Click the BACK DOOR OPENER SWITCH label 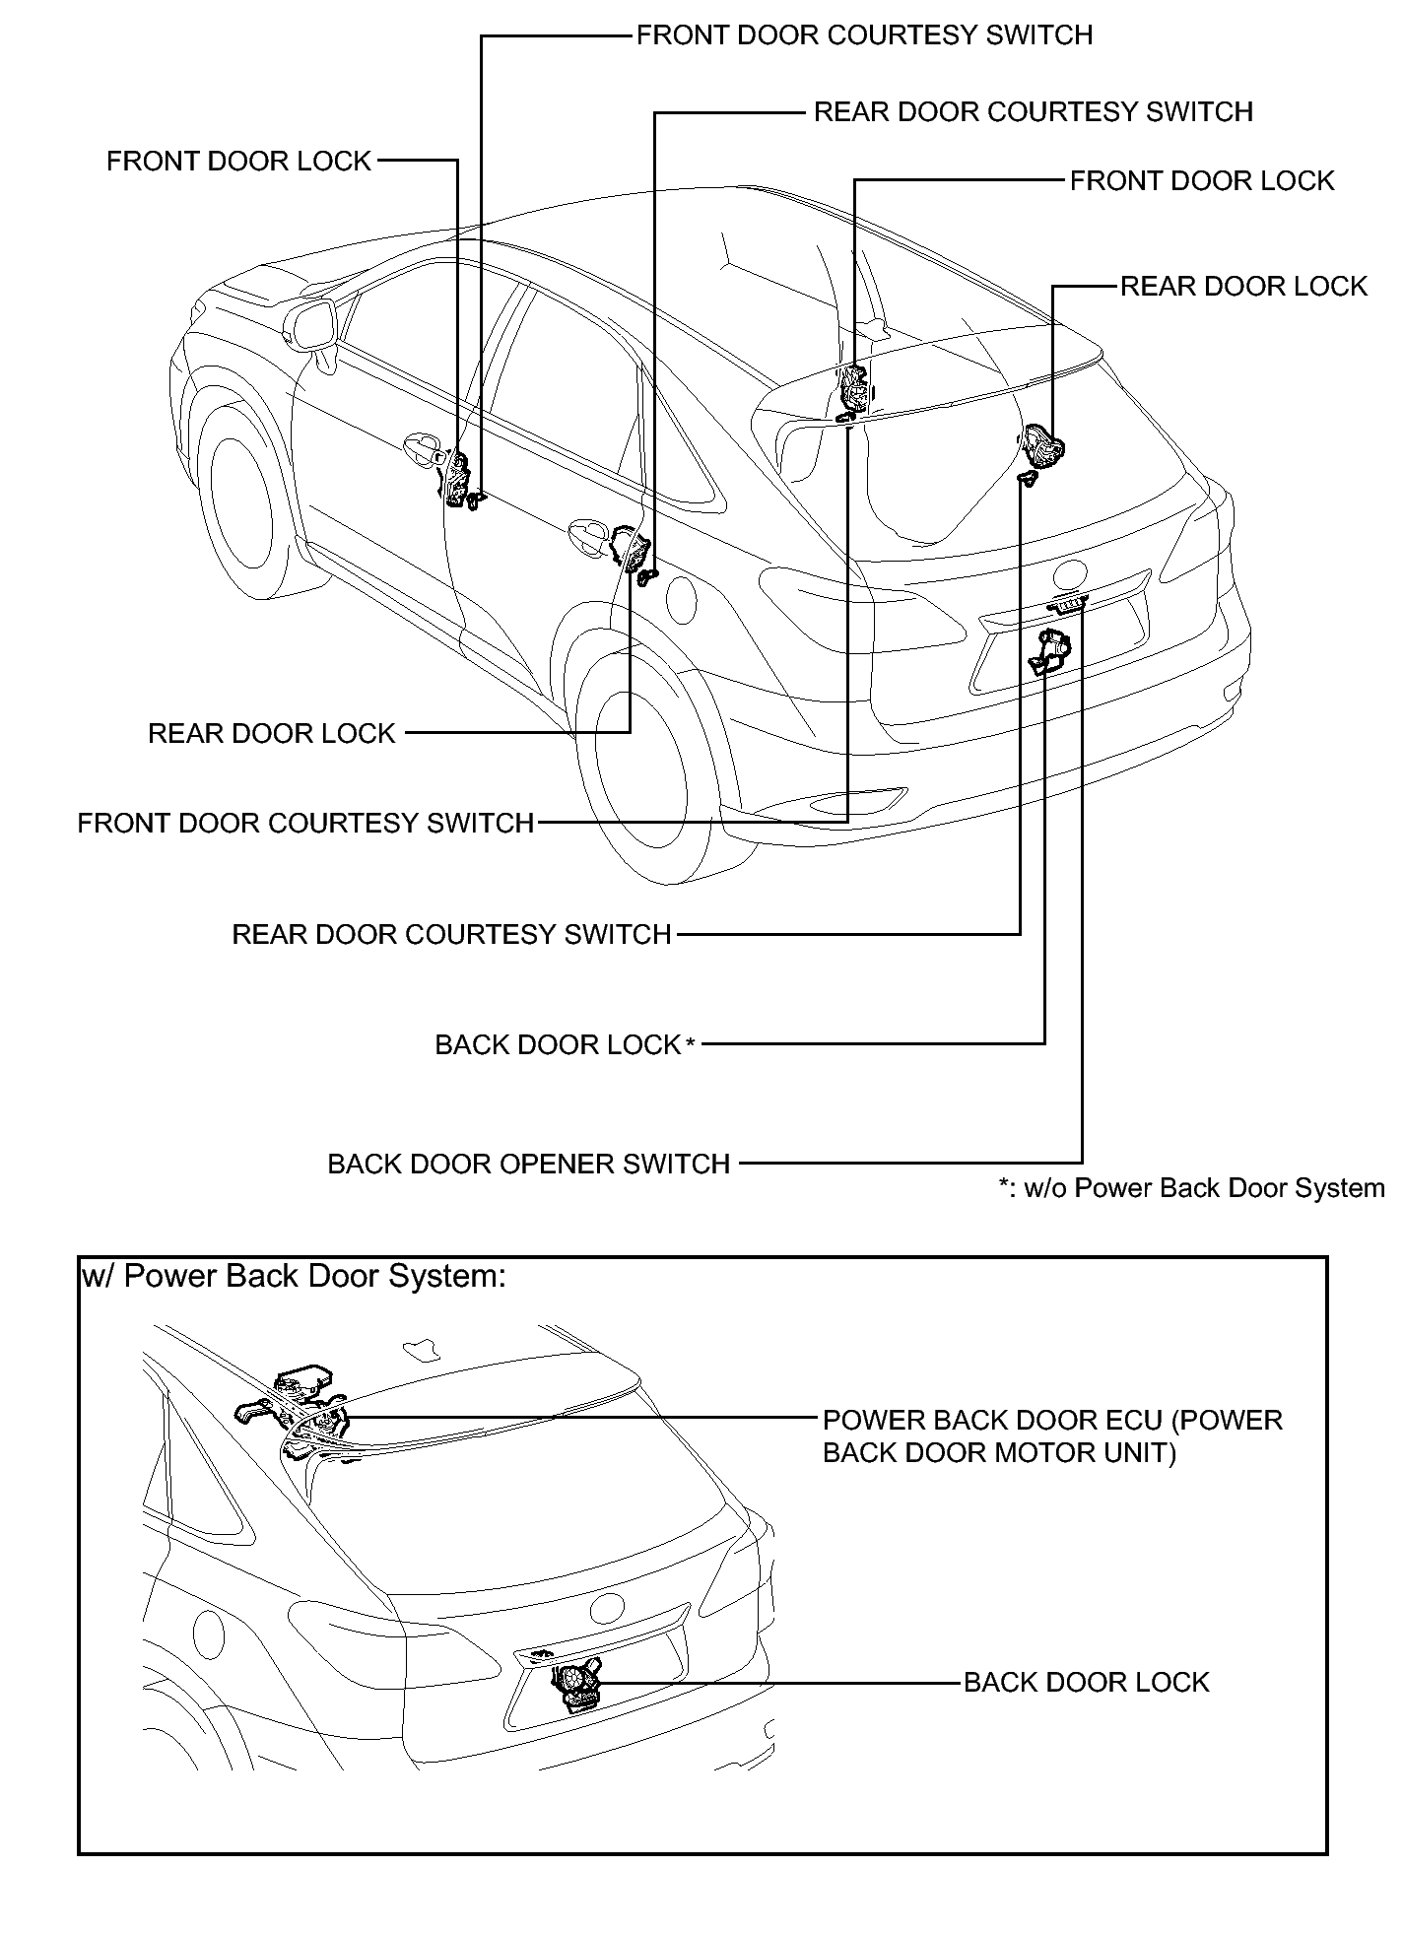pos(528,1164)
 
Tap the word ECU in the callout pos(1139,1421)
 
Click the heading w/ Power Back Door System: pos(294,1276)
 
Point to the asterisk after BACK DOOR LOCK pos(690,1044)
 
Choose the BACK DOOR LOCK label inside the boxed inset pos(1086,1682)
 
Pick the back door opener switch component pos(1066,603)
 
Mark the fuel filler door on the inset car pos(210,1631)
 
